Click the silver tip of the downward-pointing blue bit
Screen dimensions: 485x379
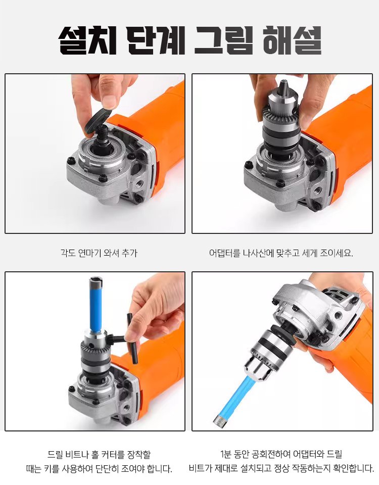[219, 417]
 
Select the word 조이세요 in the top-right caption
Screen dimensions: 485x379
[334, 253]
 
